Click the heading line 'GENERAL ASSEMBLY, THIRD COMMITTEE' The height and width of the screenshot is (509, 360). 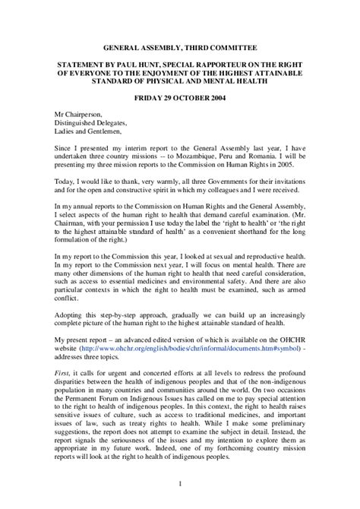[x=179, y=46]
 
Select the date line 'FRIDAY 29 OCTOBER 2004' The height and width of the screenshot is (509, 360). [x=179, y=99]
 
